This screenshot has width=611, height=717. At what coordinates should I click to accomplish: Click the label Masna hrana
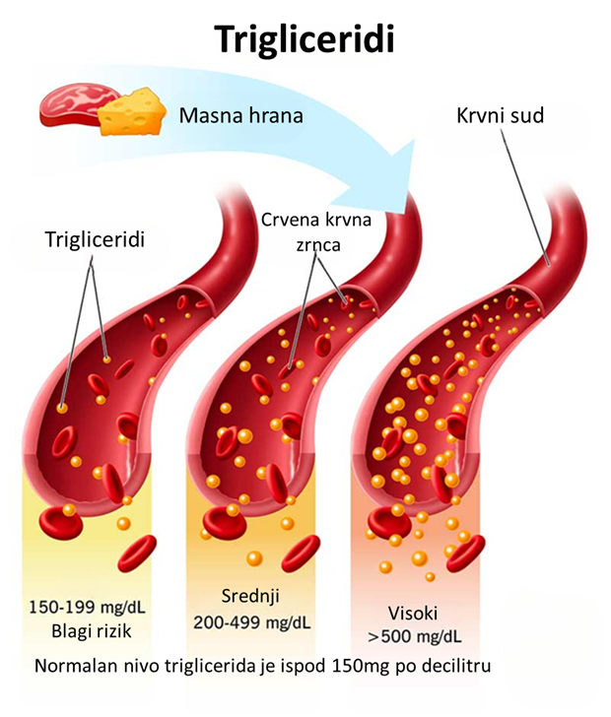pos(240,116)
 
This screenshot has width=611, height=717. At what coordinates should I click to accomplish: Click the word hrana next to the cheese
pos(272,116)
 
